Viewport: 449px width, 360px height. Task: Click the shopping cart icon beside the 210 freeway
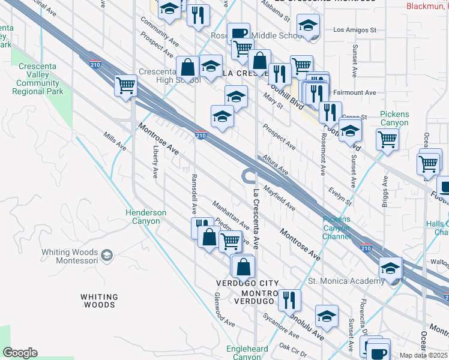[126, 85]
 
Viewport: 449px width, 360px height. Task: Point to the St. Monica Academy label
[345, 281]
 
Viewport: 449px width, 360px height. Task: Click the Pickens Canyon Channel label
[337, 227]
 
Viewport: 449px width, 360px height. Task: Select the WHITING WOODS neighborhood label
[99, 301]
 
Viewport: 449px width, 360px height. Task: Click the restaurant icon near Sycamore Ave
[289, 299]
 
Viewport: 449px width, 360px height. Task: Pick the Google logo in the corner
[20, 353]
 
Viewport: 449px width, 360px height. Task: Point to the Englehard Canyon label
[247, 352]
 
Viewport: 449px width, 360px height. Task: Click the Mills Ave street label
[115, 142]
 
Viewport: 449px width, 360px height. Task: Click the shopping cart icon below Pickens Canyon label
[387, 140]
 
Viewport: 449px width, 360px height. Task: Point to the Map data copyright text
[423, 355]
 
